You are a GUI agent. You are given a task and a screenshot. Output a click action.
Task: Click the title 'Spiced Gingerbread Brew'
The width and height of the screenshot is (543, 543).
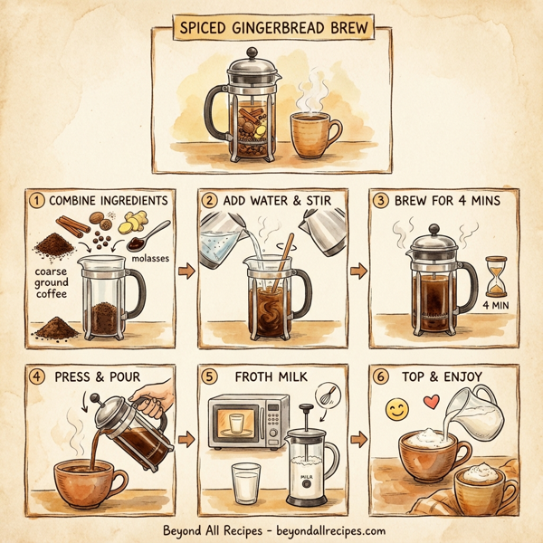[271, 26]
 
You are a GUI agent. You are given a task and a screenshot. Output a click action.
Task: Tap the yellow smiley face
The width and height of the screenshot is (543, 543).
[396, 410]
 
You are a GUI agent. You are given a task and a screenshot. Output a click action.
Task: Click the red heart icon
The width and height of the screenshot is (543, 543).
[432, 401]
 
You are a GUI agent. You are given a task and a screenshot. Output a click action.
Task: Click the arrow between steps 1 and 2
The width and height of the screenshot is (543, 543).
[186, 270]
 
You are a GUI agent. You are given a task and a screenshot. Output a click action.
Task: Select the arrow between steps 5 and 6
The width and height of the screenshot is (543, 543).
[358, 441]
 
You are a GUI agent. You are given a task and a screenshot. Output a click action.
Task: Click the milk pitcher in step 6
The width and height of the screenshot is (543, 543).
[475, 411]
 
